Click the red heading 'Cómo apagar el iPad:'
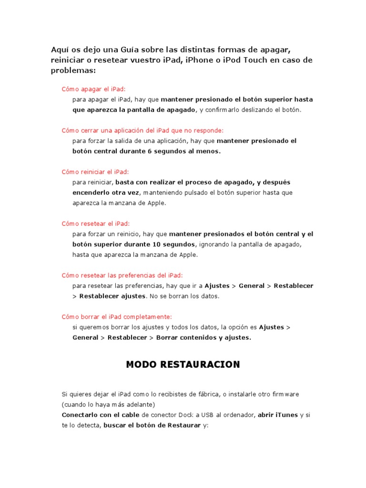point(94,89)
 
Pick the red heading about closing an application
point(142,130)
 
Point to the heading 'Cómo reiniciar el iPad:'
point(95,172)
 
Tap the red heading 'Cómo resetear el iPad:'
point(95,224)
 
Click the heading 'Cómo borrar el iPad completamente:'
point(117,316)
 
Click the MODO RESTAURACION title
point(183,365)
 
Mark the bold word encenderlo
point(93,193)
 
